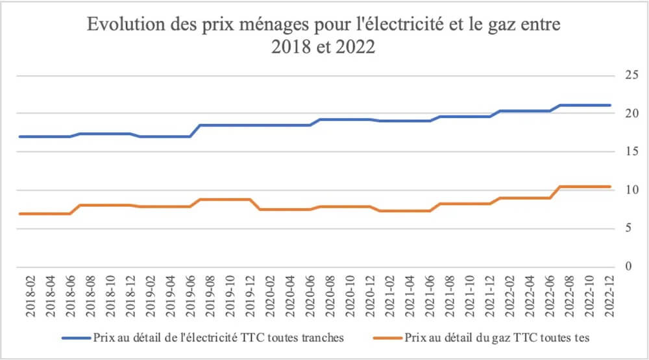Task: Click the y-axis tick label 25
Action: pos(628,76)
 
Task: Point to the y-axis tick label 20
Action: pos(628,114)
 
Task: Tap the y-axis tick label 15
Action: pos(628,152)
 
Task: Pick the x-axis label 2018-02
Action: pos(31,296)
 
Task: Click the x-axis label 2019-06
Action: pos(190,296)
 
